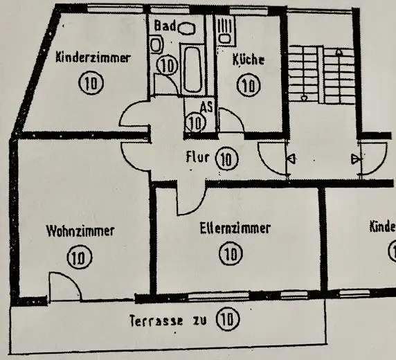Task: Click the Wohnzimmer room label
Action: (x=80, y=231)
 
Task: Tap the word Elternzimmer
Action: (x=235, y=228)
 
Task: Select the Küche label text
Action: (x=249, y=60)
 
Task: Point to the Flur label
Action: (x=197, y=157)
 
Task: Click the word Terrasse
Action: (x=156, y=321)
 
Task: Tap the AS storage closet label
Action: (x=206, y=107)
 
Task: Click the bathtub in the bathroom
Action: (x=193, y=69)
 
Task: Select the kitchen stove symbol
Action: (x=225, y=30)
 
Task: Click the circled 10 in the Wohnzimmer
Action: (x=80, y=257)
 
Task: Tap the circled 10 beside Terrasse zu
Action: (x=227, y=319)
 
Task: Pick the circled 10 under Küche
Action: (x=249, y=85)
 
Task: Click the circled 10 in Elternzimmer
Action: (x=231, y=253)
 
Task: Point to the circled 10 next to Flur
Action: (x=226, y=159)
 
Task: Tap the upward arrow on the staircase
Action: (x=339, y=53)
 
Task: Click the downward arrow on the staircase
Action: (x=304, y=98)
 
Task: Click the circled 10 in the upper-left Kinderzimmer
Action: (x=91, y=82)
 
